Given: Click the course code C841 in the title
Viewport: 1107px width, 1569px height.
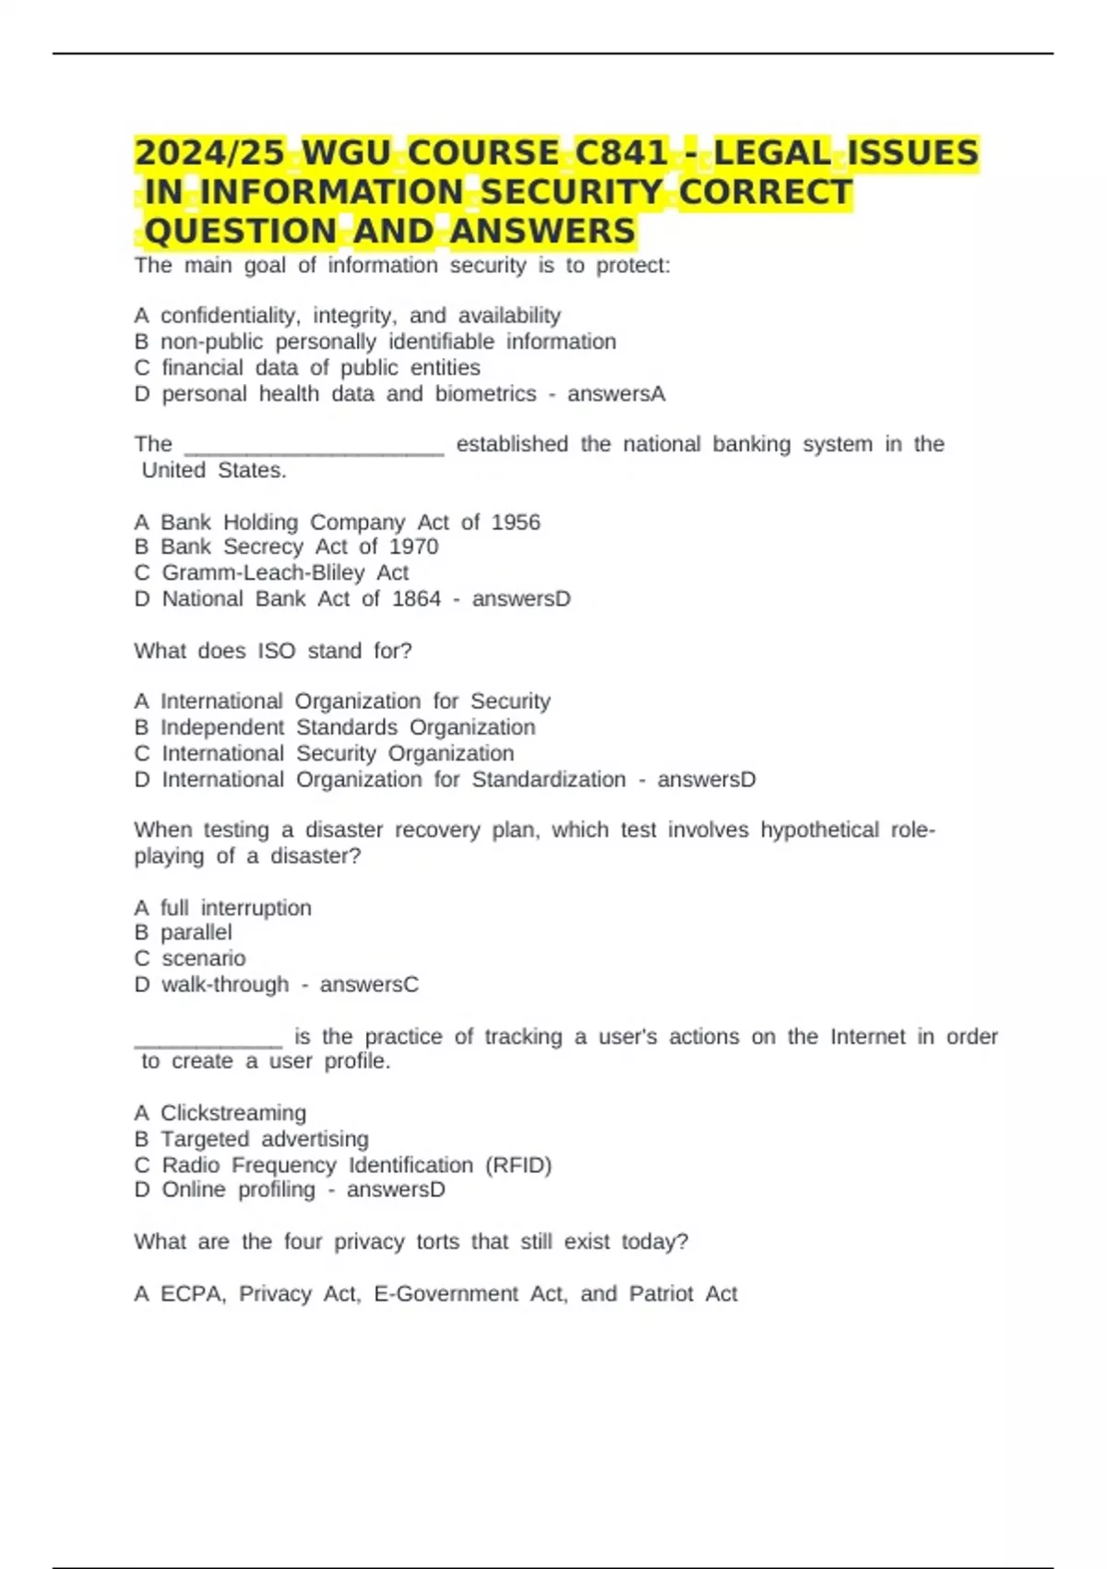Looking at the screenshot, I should (621, 153).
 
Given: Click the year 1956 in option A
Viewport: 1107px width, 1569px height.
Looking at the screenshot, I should (516, 522).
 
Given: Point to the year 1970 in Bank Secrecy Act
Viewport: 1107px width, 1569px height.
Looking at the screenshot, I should (413, 546).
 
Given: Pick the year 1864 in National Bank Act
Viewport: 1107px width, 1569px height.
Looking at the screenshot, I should (416, 599).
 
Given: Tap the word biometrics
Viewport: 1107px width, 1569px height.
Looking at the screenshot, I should (485, 394).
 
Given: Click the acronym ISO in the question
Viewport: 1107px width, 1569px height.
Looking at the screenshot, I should (276, 652).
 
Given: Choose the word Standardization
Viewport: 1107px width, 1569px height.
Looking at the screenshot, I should (549, 780).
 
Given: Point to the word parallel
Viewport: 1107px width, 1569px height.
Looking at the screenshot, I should (196, 933).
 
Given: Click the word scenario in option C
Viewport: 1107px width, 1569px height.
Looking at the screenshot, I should (204, 959).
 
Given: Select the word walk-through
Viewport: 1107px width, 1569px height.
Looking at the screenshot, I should (225, 985).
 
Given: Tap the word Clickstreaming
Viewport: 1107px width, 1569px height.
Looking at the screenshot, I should (233, 1113).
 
